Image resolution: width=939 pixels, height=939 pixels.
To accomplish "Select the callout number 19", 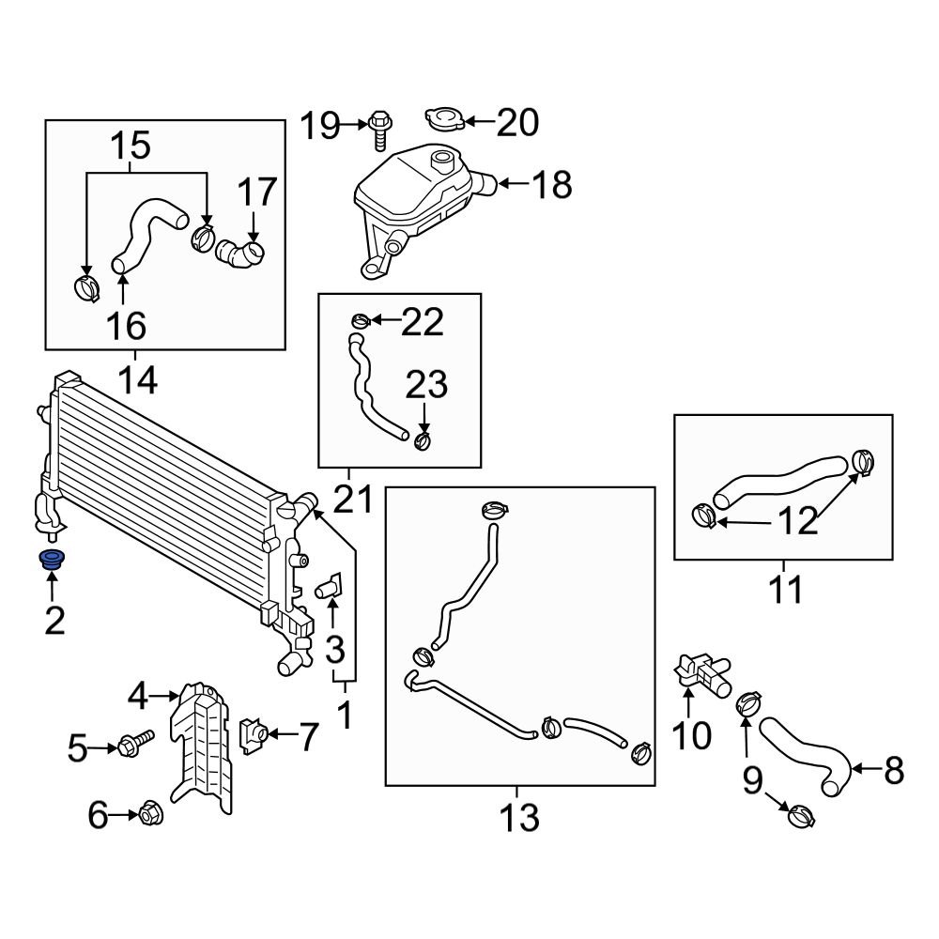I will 320,125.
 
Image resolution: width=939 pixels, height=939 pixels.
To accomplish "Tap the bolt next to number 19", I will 380,129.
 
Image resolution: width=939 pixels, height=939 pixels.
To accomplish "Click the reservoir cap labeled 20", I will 444,120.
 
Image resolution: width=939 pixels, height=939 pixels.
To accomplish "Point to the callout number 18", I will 551,185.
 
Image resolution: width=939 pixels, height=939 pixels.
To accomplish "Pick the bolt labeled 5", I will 133,747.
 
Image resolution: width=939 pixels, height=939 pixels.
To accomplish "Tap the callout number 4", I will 139,697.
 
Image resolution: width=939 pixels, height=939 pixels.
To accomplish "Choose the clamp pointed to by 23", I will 423,439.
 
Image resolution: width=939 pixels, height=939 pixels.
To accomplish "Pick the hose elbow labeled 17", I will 240,253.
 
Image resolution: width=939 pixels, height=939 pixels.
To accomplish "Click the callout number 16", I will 126,326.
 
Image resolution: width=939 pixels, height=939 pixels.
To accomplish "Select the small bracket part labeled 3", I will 330,590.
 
